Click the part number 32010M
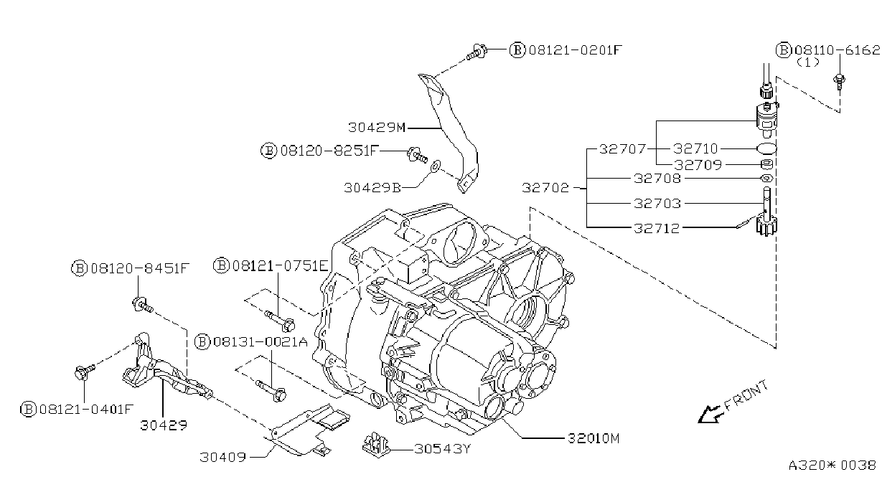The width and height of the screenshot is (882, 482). pos(594,438)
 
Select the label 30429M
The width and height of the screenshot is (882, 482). pos(377,128)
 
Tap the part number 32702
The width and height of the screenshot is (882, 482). pos(545,188)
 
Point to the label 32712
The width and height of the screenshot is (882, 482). pos(657,228)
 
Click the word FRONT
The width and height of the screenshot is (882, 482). pos(746,395)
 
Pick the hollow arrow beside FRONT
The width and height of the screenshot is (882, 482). pos(710,415)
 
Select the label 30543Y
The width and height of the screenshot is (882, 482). pos(442,449)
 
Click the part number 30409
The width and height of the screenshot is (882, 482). pos(223,457)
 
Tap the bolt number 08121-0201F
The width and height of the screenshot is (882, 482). pos(575,50)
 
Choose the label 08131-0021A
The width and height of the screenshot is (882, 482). pos(261,341)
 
